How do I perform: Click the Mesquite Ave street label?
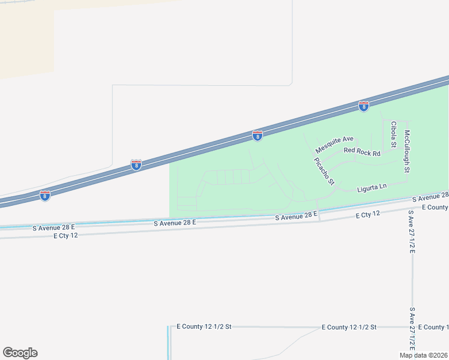pyautogui.click(x=335, y=142)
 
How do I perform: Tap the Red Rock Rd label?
pyautogui.click(x=362, y=153)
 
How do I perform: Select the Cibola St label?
pyautogui.click(x=394, y=134)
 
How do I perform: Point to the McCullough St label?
pyautogui.click(x=407, y=152)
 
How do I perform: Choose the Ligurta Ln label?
pyautogui.click(x=372, y=188)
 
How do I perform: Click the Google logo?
pyautogui.click(x=20, y=353)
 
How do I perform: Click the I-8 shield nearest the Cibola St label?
pyautogui.click(x=364, y=106)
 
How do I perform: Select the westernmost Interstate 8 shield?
pyautogui.click(x=45, y=195)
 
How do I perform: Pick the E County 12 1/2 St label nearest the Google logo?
pyautogui.click(x=203, y=326)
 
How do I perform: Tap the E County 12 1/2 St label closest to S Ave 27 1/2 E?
pyautogui.click(x=349, y=327)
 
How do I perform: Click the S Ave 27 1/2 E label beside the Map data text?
pyautogui.click(x=412, y=330)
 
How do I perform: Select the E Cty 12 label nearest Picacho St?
pyautogui.click(x=368, y=214)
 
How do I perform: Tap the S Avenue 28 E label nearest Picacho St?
pyautogui.click(x=296, y=216)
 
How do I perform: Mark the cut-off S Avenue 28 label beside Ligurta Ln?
pyautogui.click(x=430, y=197)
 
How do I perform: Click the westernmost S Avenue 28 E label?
pyautogui.click(x=53, y=227)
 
